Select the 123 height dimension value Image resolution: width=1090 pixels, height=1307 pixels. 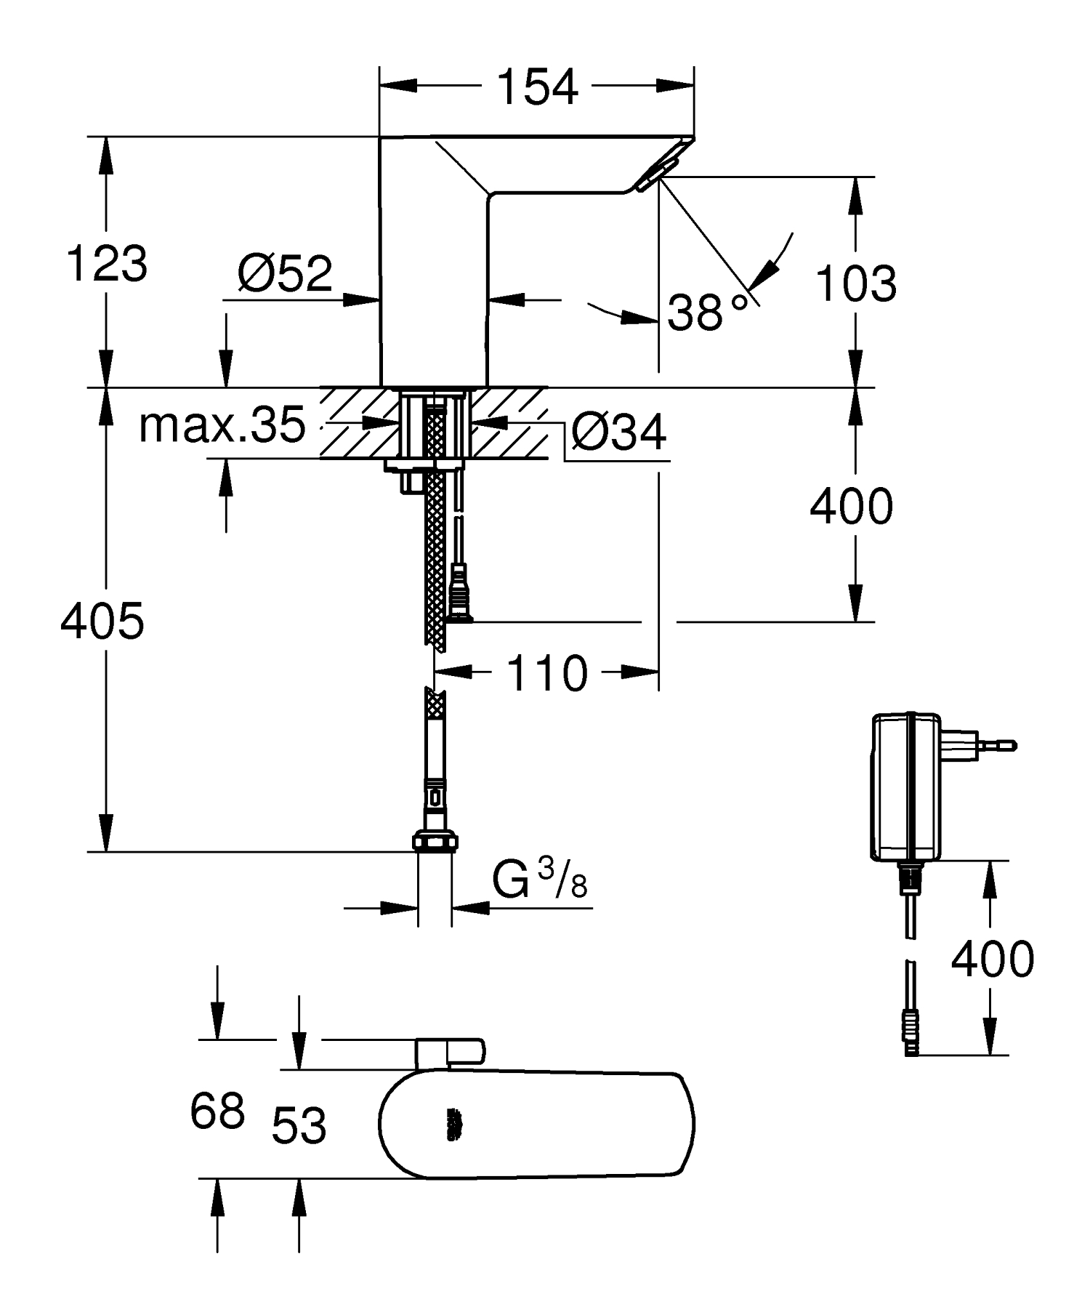(107, 263)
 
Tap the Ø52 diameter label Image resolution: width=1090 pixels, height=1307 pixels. (285, 273)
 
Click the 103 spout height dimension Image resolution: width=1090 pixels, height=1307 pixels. (856, 283)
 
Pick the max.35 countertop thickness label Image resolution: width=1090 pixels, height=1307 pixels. (222, 426)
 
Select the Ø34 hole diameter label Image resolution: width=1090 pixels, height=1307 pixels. (618, 433)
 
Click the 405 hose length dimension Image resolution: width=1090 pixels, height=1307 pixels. (102, 622)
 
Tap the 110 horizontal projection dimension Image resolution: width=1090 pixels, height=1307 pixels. (546, 673)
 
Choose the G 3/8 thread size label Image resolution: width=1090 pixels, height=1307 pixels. (539, 881)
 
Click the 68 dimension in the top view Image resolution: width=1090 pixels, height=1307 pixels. (217, 1111)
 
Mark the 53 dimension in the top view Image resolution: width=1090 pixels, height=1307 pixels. (299, 1126)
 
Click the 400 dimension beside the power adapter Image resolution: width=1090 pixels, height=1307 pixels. (992, 959)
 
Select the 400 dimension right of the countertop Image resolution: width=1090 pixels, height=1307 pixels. (851, 507)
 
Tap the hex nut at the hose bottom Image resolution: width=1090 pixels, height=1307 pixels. (435, 842)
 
